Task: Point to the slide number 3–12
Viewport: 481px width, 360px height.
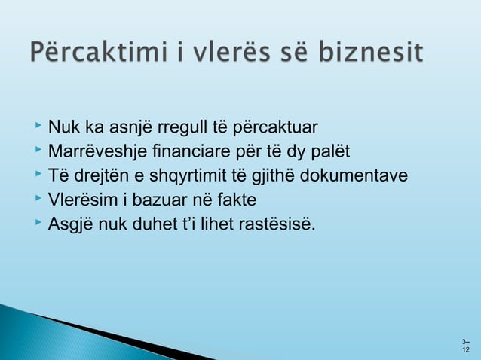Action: tap(465, 346)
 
